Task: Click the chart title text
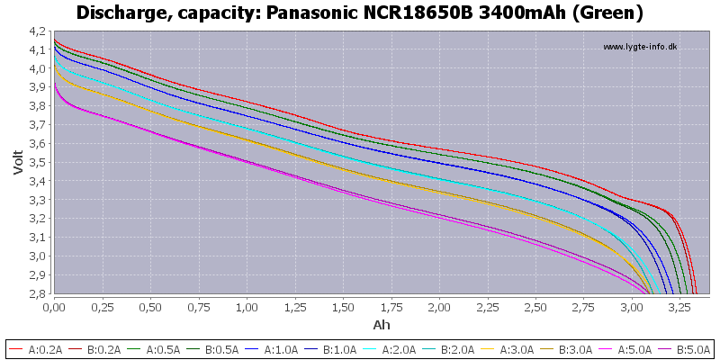[x=360, y=13]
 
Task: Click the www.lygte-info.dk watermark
[x=639, y=47]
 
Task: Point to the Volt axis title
[x=17, y=161]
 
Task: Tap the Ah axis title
[x=382, y=324]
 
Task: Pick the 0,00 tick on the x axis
[x=54, y=307]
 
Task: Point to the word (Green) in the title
[x=611, y=13]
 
